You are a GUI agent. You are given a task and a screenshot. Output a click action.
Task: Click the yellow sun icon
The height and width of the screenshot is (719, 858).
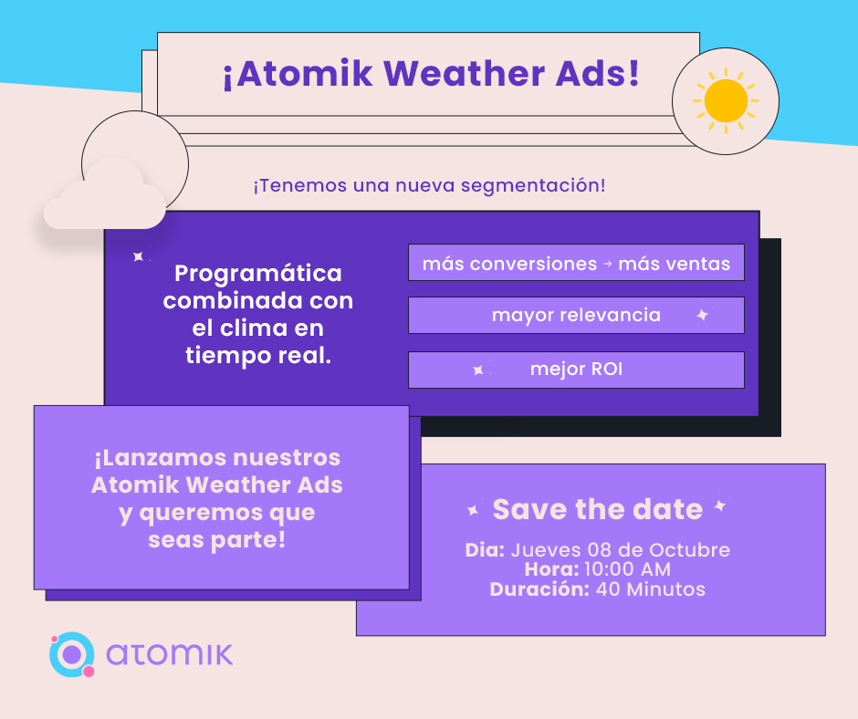726,100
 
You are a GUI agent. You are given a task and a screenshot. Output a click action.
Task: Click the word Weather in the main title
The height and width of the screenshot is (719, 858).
464,73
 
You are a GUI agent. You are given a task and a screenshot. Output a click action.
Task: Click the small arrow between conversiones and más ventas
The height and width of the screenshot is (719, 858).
607,264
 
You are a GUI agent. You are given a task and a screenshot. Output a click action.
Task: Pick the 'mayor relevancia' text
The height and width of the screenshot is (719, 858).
576,315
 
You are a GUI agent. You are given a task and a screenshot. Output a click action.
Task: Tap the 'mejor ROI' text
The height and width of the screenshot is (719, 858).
576,370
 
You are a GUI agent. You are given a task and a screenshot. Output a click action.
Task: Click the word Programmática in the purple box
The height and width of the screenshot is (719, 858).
257,273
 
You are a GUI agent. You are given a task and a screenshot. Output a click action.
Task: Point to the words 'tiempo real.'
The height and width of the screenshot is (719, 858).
258,356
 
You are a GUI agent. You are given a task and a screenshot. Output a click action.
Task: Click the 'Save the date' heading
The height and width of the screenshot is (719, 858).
598,509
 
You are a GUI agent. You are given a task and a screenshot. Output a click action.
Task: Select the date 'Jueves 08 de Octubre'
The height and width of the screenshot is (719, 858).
620,550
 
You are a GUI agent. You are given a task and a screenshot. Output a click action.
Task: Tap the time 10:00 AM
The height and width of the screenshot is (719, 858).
627,569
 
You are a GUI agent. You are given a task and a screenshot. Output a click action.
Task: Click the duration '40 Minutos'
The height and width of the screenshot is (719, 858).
650,589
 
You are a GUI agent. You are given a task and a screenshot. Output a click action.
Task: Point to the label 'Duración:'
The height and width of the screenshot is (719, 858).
539,589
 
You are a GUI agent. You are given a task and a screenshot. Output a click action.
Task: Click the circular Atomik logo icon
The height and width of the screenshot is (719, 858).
72,654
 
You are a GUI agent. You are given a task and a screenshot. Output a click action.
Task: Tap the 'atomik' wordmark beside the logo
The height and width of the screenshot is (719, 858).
170,654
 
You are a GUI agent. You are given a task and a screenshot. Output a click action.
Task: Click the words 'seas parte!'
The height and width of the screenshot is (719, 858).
216,540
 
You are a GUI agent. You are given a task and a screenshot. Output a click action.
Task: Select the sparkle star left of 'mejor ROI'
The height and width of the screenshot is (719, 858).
478,370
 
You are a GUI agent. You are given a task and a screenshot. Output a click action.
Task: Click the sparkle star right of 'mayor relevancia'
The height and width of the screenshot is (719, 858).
703,315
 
